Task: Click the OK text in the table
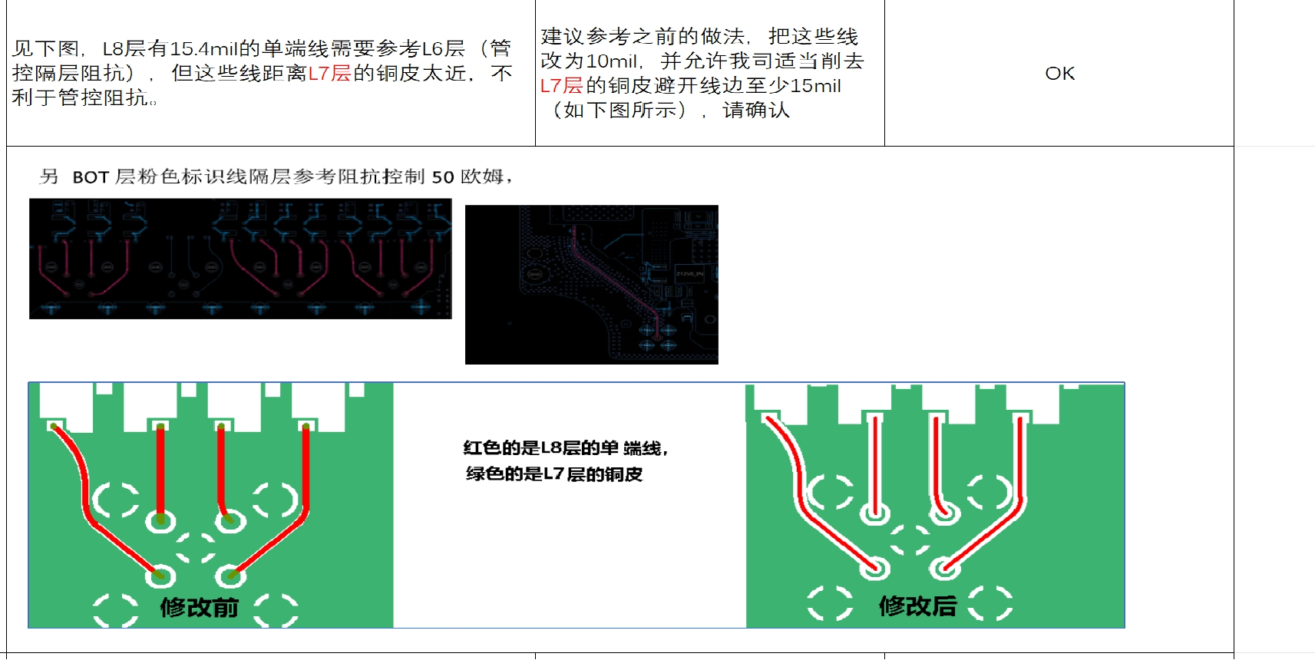tap(1059, 74)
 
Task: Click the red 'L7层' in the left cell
tap(329, 74)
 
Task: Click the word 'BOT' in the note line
tap(91, 177)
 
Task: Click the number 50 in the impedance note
tap(443, 177)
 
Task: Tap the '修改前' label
tap(199, 608)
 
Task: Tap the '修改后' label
tap(917, 606)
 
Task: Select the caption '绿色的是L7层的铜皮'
tap(553, 474)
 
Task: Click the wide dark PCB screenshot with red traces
tap(240, 259)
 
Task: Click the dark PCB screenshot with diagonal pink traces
tap(591, 284)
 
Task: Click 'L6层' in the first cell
tap(443, 49)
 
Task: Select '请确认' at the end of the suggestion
tap(755, 111)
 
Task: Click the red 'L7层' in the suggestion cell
tap(561, 86)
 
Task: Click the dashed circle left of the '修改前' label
tap(115, 609)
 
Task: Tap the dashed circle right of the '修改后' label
tap(990, 603)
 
